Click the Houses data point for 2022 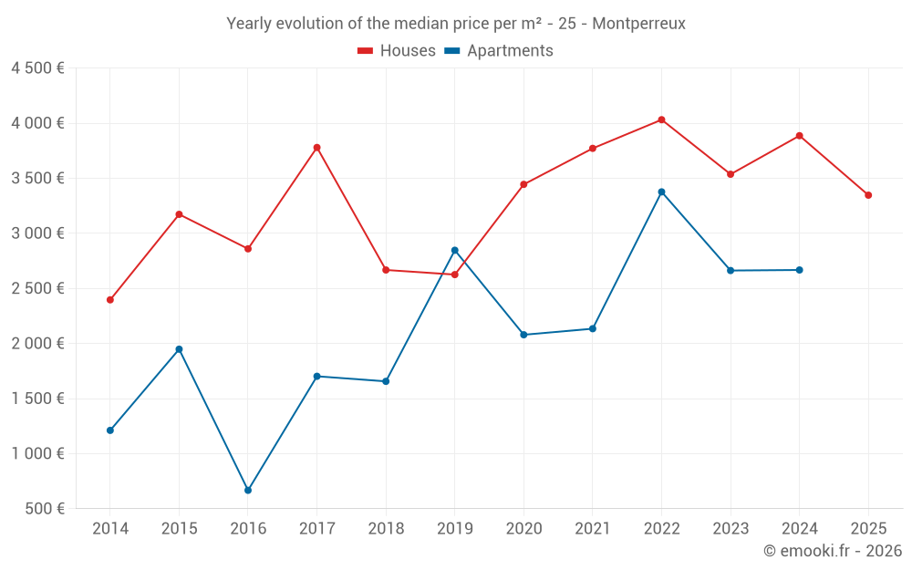(661, 119)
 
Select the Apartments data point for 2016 (248, 491)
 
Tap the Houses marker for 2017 (316, 148)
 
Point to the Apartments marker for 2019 (454, 250)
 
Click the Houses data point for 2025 (868, 195)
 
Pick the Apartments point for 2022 (661, 192)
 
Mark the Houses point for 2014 (110, 300)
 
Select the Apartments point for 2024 (799, 270)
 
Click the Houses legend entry (397, 51)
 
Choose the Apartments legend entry (499, 51)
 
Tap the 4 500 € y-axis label (37, 68)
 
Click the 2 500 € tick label (37, 288)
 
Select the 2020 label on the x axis (523, 529)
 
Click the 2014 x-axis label (110, 529)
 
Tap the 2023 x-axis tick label (731, 529)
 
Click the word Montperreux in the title (638, 24)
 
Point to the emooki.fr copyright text (833, 551)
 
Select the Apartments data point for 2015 (179, 349)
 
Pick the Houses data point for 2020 (523, 184)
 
